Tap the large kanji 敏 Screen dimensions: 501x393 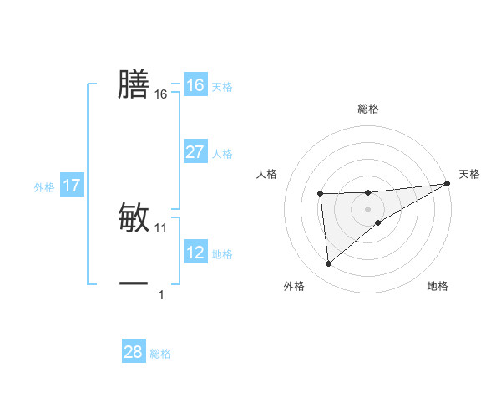(x=134, y=217)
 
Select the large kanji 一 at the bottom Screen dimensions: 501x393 (x=134, y=283)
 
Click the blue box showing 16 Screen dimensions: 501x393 (x=195, y=85)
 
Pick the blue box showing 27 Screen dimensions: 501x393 (x=195, y=152)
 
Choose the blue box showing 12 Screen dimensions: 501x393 (x=195, y=253)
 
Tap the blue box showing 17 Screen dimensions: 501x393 (x=71, y=186)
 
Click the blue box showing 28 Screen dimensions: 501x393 (x=134, y=352)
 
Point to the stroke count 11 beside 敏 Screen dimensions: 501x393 (x=161, y=227)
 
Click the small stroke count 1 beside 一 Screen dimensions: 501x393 (x=161, y=294)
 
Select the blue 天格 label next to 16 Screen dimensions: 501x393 (x=222, y=87)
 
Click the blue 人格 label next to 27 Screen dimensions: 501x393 (x=222, y=154)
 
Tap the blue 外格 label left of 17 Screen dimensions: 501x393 (x=44, y=187)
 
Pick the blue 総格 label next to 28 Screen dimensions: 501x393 (x=160, y=354)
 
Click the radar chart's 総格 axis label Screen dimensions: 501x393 (x=368, y=109)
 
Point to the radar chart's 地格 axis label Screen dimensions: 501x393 (x=438, y=287)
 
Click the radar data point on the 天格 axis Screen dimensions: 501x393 (x=448, y=184)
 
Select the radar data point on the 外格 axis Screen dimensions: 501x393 (x=329, y=264)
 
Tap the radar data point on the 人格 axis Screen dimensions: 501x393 (x=321, y=194)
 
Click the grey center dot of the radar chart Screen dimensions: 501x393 (x=368, y=208)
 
